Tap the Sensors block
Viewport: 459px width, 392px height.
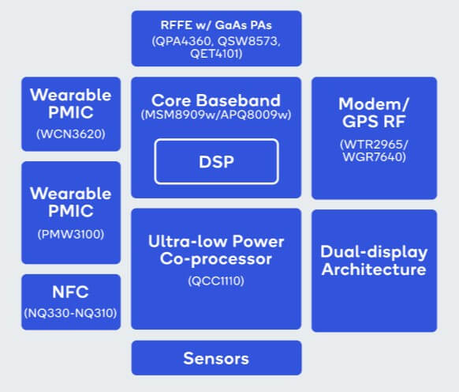pos(216,358)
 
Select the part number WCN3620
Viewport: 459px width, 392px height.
pos(71,134)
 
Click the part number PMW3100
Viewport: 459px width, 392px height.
pos(71,234)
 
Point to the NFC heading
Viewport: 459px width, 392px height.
pos(70,292)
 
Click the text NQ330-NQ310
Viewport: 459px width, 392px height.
pos(70,313)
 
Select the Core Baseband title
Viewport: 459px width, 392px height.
pos(216,100)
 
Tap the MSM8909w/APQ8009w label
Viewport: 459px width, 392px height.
pos(216,115)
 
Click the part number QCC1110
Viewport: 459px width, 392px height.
pos(216,281)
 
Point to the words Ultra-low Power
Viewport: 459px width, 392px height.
pos(216,242)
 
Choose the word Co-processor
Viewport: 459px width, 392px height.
pos(216,259)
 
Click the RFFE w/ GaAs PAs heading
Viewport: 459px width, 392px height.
pos(216,25)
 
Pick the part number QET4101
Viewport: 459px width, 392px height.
pos(216,54)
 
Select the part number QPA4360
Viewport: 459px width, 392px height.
pos(183,41)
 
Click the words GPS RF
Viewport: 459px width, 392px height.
pos(374,122)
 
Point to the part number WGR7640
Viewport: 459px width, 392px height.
pos(374,157)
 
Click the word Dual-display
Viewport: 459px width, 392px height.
pos(374,252)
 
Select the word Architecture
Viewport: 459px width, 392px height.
pos(374,269)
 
